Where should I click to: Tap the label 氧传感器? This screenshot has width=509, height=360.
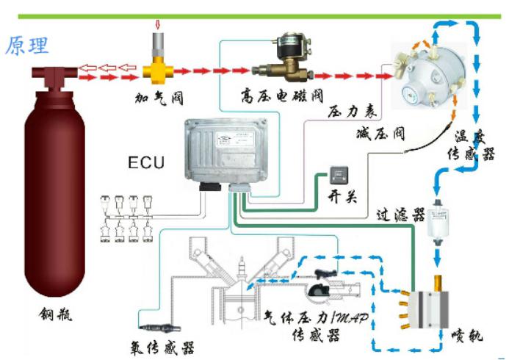click(167, 344)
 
